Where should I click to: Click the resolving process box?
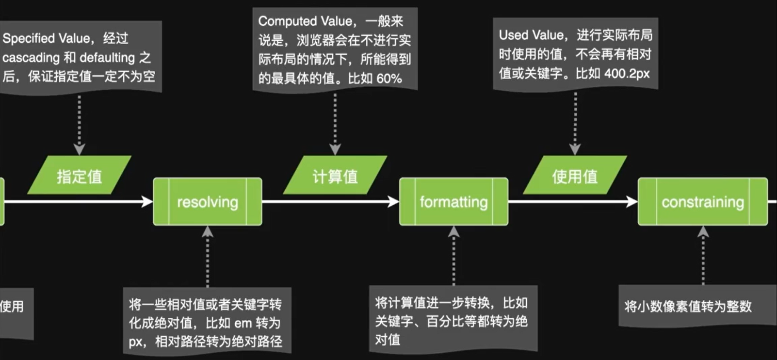(208, 202)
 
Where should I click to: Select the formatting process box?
(453, 202)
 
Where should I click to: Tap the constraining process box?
(702, 202)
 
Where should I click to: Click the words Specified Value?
(46, 38)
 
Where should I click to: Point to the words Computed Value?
(305, 21)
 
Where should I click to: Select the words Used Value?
(532, 35)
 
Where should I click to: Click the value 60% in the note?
(389, 78)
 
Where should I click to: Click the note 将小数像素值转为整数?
(688, 306)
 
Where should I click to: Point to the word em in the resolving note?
(243, 323)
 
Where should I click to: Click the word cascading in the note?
(31, 58)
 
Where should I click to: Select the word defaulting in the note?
(107, 58)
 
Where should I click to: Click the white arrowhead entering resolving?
(147, 201)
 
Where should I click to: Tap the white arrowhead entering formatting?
(393, 201)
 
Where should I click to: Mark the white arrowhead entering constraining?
(632, 201)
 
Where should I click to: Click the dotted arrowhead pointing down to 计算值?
(335, 149)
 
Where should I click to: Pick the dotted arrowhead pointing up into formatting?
(453, 232)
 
